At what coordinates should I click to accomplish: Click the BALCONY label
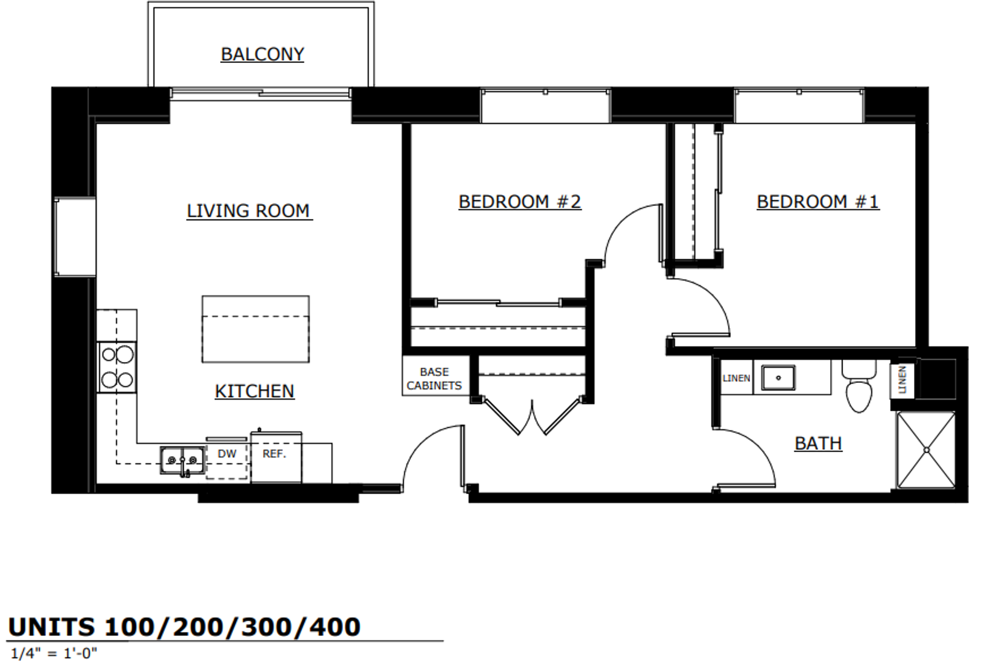[x=263, y=54]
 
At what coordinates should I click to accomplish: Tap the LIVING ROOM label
[x=248, y=211]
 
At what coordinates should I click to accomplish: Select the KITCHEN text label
[x=255, y=391]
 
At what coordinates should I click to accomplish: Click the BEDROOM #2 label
[x=520, y=202]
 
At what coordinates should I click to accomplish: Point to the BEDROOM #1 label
[x=818, y=202]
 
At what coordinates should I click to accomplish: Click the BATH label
[x=818, y=443]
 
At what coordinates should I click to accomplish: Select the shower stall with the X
[x=926, y=450]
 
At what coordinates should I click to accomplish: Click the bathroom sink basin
[x=778, y=377]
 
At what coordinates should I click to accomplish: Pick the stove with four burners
[x=117, y=367]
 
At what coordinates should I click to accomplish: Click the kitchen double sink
[x=183, y=460]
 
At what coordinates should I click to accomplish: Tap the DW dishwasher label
[x=227, y=454]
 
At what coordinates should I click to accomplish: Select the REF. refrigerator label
[x=274, y=454]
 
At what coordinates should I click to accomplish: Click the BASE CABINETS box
[x=434, y=378]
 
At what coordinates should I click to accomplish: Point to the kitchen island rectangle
[x=256, y=329]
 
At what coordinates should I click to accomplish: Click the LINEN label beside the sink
[x=736, y=378]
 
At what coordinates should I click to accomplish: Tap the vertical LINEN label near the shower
[x=902, y=380]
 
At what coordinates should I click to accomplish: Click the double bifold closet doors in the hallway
[x=532, y=417]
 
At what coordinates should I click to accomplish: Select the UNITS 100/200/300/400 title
[x=184, y=627]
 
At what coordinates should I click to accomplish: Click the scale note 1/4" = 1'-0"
[x=54, y=653]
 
